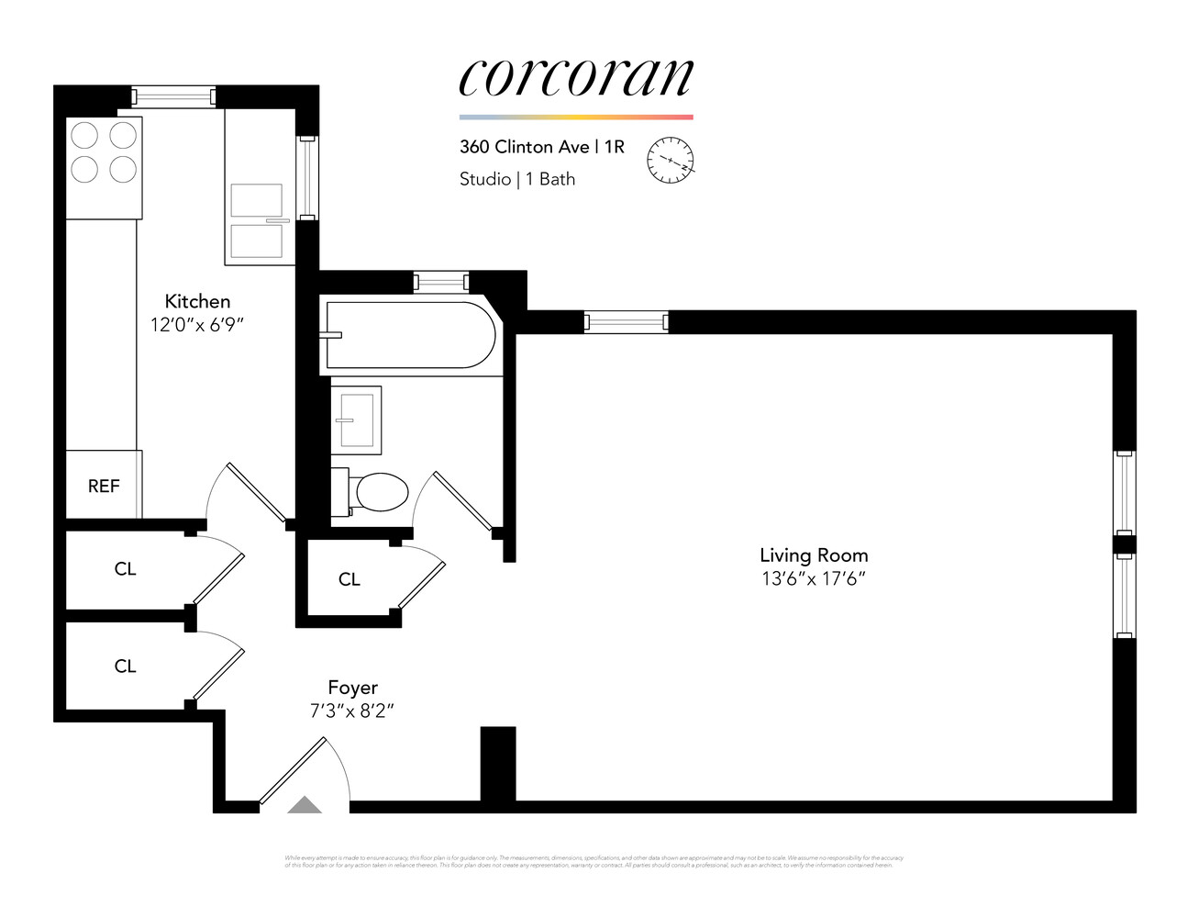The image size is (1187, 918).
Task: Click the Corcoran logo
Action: click(575, 77)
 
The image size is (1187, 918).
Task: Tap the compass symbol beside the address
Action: click(671, 160)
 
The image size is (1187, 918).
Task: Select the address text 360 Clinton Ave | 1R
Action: click(541, 147)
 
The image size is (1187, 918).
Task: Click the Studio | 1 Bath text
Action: click(516, 179)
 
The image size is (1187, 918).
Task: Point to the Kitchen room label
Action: click(197, 301)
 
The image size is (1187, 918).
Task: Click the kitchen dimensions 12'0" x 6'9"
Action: click(197, 325)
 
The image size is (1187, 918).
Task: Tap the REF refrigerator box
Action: click(104, 486)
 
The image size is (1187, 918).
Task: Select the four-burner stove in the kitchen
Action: click(104, 153)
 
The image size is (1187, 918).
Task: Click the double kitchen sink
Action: click(257, 220)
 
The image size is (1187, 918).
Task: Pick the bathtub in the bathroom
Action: click(409, 335)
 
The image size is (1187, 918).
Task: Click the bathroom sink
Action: click(356, 420)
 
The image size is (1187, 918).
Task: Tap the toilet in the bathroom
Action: click(376, 493)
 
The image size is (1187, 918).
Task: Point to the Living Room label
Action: click(814, 555)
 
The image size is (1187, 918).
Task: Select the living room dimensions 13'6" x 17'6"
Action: click(814, 578)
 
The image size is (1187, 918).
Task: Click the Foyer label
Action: click(352, 688)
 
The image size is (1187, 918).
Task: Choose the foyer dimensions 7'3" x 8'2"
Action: click(352, 711)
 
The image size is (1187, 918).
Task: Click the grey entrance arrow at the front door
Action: click(305, 806)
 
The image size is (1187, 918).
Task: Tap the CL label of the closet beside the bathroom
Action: click(349, 579)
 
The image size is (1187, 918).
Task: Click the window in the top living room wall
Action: click(626, 321)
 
